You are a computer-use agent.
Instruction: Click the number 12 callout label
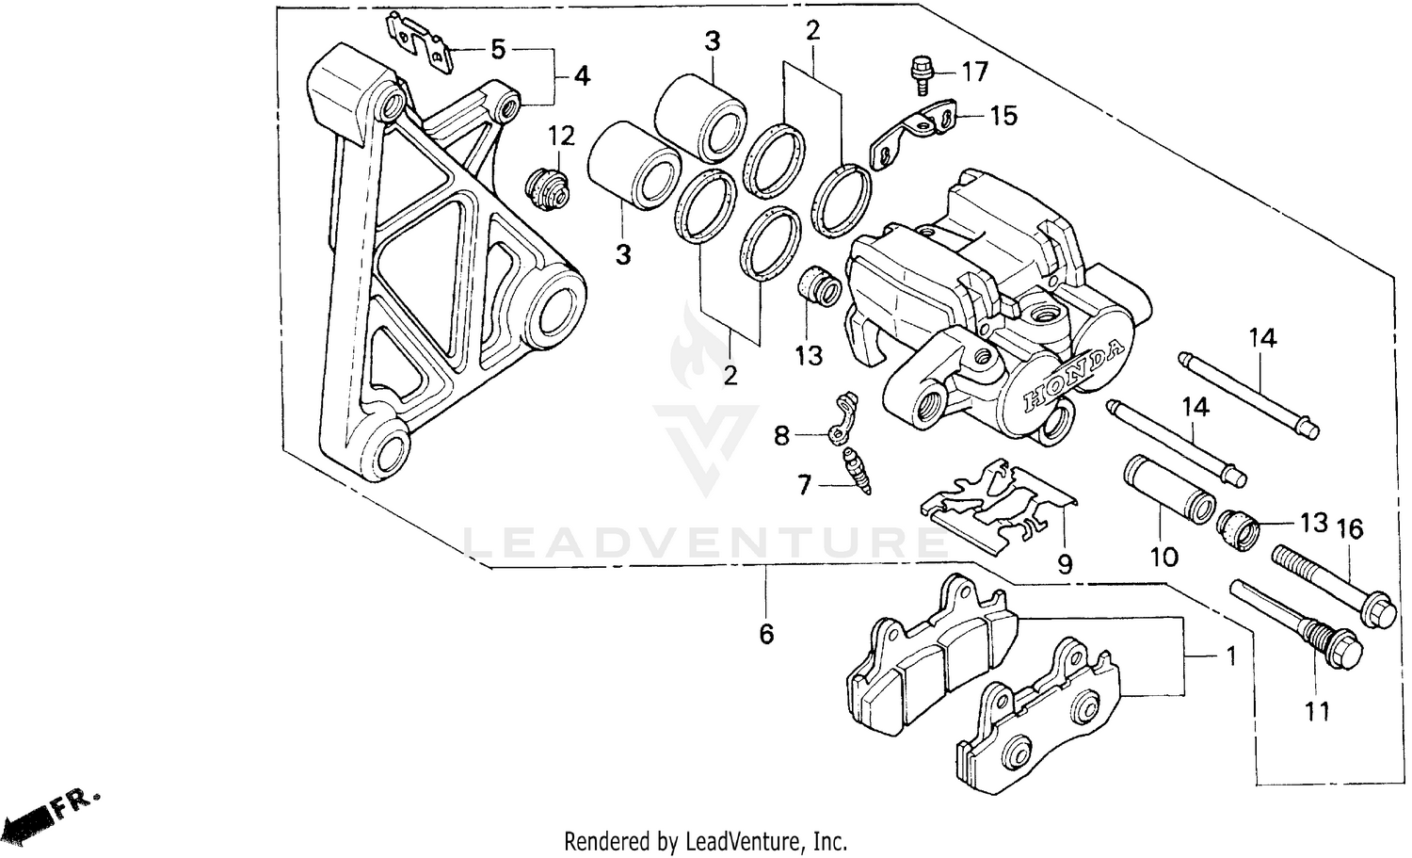click(x=561, y=136)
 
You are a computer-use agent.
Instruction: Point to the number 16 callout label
click(x=1350, y=529)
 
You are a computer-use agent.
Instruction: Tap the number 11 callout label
click(x=1318, y=711)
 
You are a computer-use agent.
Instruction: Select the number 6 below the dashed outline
click(x=766, y=634)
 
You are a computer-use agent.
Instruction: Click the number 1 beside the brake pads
click(x=1229, y=656)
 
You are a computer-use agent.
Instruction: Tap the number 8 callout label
click(x=781, y=436)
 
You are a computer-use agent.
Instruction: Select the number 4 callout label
click(x=582, y=74)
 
